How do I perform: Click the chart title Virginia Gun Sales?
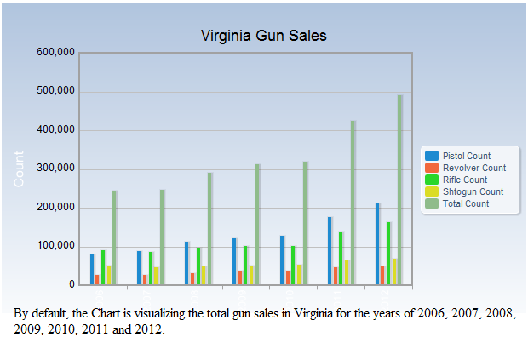pyautogui.click(x=263, y=36)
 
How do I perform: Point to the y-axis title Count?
pyautogui.click(x=19, y=169)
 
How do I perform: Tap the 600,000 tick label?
pyautogui.click(x=56, y=53)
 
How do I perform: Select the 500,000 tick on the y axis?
pyautogui.click(x=56, y=91)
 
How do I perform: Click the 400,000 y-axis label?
pyautogui.click(x=56, y=130)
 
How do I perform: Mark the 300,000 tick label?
pyautogui.click(x=56, y=169)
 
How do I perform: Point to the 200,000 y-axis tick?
pyautogui.click(x=56, y=208)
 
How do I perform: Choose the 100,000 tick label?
pyautogui.click(x=56, y=246)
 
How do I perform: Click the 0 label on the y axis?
pyautogui.click(x=72, y=284)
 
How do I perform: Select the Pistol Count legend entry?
pyautogui.click(x=466, y=156)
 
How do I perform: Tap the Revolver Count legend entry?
pyautogui.click(x=473, y=168)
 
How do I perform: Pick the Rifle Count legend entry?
pyautogui.click(x=464, y=180)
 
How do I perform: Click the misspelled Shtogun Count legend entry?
pyautogui.click(x=473, y=191)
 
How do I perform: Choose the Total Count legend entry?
pyautogui.click(x=465, y=203)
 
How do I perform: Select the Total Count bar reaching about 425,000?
pyautogui.click(x=353, y=204)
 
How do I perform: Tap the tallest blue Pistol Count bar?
pyautogui.click(x=377, y=244)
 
